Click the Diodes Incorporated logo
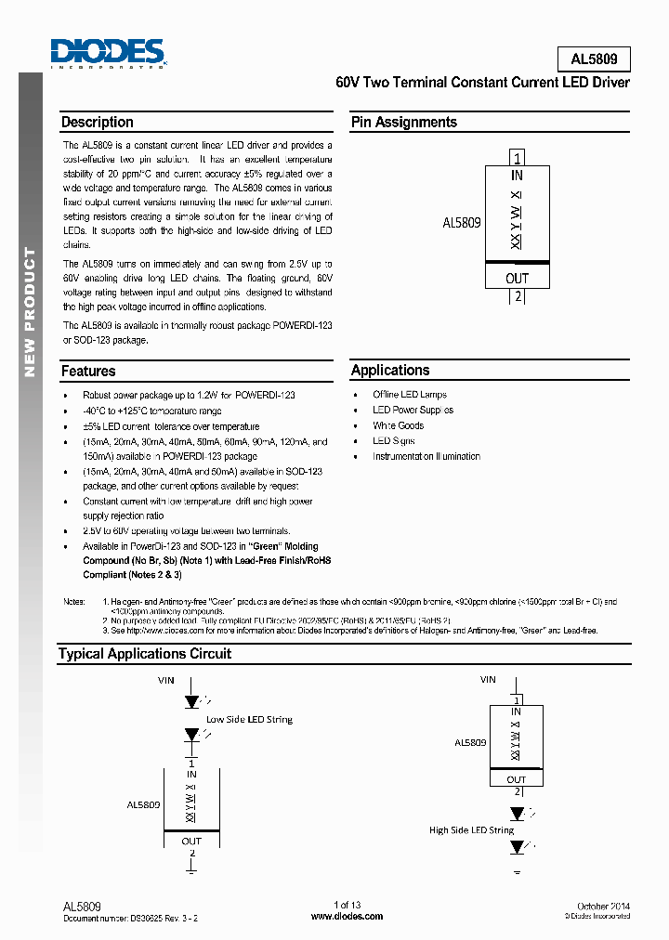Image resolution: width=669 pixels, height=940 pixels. [108, 54]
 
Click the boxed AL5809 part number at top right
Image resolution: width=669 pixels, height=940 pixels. [594, 59]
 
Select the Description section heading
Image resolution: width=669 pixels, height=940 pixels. [98, 123]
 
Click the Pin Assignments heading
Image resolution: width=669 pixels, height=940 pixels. [403, 123]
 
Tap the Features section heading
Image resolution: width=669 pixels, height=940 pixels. [88, 371]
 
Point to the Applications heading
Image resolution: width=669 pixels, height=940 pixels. [390, 371]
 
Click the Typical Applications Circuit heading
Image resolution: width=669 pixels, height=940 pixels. [145, 654]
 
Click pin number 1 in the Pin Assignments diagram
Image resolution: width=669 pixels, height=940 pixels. [518, 157]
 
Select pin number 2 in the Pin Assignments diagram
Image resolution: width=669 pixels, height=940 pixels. [518, 297]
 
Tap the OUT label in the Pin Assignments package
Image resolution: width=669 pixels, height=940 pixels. [518, 278]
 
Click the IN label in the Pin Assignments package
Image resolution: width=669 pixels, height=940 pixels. [518, 175]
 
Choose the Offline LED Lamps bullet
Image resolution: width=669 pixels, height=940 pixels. [410, 395]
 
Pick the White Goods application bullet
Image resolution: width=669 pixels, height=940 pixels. [398, 425]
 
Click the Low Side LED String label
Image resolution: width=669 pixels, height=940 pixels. [249, 719]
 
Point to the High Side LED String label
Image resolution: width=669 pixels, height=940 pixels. [471, 829]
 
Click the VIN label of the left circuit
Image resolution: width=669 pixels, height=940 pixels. [165, 680]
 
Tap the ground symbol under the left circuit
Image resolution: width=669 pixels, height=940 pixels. [191, 872]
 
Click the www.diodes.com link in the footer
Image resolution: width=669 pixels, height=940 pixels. [347, 916]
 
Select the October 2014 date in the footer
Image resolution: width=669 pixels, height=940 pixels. [603, 905]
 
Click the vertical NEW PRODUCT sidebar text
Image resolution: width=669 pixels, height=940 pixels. [30, 311]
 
